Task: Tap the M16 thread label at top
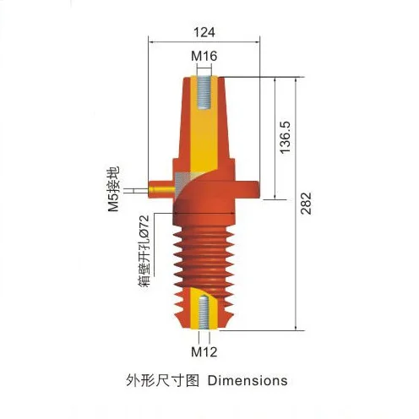204,57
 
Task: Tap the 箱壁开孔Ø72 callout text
144,250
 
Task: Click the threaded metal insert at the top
205,93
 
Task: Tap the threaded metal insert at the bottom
204,313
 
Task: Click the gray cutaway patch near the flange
182,180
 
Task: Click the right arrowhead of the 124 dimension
255,40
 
